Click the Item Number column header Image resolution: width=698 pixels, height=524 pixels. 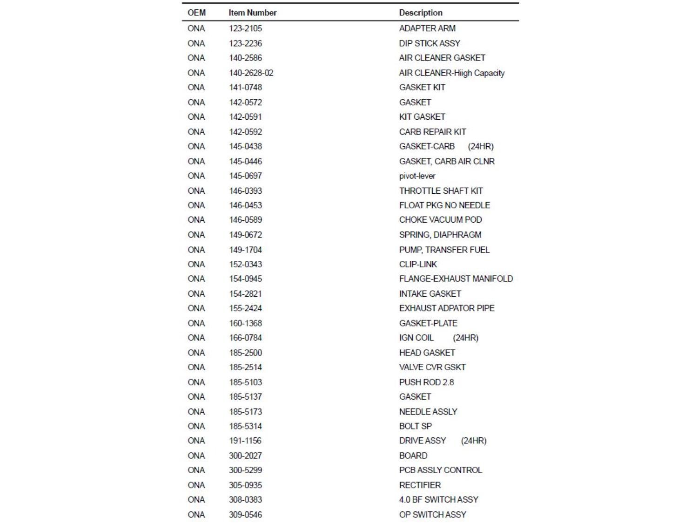tap(252, 13)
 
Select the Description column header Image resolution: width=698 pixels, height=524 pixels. tap(421, 13)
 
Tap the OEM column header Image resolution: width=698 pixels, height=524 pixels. tap(196, 13)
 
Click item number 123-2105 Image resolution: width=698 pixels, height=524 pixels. tap(245, 28)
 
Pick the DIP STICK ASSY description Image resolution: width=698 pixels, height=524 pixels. tap(429, 43)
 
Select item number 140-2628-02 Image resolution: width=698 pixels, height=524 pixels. tap(251, 73)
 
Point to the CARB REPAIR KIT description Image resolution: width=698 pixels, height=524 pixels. tap(432, 132)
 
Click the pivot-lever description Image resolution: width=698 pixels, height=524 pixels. tap(417, 176)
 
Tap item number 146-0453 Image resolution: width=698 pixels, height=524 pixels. tap(245, 205)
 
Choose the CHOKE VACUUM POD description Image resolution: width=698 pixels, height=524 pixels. tap(440, 220)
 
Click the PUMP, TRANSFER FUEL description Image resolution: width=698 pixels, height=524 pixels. tap(444, 250)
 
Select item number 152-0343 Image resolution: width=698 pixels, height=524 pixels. tap(245, 264)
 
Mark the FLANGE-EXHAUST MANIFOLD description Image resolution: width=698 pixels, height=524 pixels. tap(456, 279)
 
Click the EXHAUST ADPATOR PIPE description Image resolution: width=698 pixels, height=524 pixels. tap(447, 308)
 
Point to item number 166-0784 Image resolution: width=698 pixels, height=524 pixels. tap(245, 338)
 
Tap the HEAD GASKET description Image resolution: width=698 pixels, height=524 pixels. tap(427, 353)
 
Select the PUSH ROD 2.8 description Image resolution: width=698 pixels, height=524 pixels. tap(426, 382)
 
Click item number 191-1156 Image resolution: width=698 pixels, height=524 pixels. tap(245, 441)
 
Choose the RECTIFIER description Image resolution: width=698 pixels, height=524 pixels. tap(420, 485)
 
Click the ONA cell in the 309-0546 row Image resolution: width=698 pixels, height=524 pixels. tap(196, 515)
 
